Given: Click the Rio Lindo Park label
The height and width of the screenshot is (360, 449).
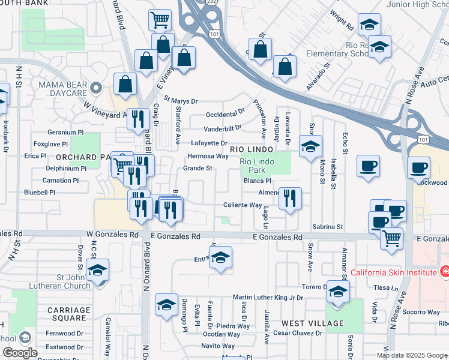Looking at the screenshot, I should (257, 166).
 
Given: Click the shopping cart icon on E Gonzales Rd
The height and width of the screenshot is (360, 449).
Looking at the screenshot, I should (391, 238).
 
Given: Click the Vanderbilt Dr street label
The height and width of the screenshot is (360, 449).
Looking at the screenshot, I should (222, 128).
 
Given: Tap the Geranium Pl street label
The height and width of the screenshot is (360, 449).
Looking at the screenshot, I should (66, 132).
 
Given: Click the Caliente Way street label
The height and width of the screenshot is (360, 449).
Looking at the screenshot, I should (243, 205).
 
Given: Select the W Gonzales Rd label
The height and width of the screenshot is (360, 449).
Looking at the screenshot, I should (109, 233).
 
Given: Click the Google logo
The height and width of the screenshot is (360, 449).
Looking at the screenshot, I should (20, 352).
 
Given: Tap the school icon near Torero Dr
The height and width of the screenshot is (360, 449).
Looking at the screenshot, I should (338, 292).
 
